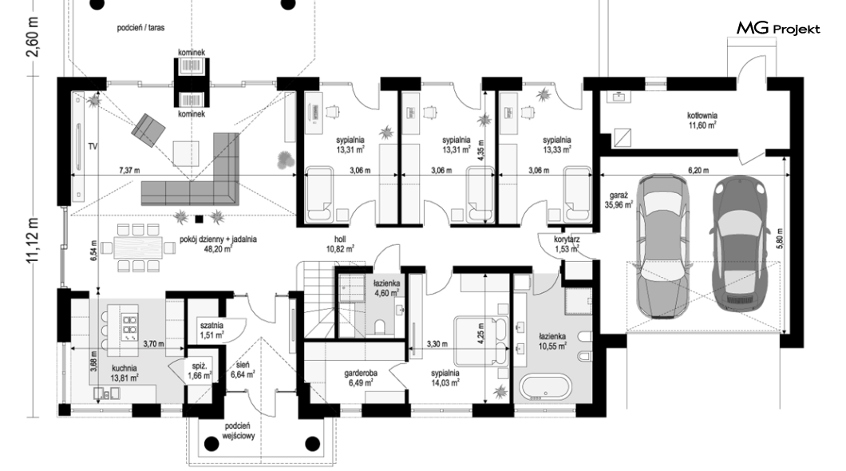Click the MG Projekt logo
pos(778,28)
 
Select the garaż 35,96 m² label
pos(619,200)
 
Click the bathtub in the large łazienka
pos(544,387)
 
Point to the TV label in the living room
pos(93,146)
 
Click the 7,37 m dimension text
pos(129,171)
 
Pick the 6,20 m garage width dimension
pos(698,171)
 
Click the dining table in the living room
pos(137,247)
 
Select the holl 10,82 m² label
pos(339,243)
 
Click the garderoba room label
pos(361,378)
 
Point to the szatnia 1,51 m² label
pos(211,330)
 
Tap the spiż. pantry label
pos(199,371)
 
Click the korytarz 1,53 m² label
pos(567,243)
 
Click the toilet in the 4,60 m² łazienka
pos(379,327)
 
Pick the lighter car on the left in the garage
pos(662,246)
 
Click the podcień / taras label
pos(140,27)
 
